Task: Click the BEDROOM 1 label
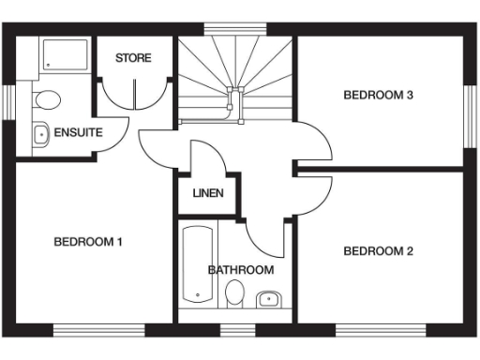[x=88, y=242]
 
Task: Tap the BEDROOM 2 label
[x=378, y=250]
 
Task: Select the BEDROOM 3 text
[x=378, y=95]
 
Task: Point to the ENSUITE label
[x=78, y=132]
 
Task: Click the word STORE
[x=133, y=59]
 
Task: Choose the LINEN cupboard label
[x=207, y=195]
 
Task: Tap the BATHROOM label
[x=241, y=270]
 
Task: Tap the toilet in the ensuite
[x=45, y=98]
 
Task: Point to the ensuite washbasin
[x=41, y=134]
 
